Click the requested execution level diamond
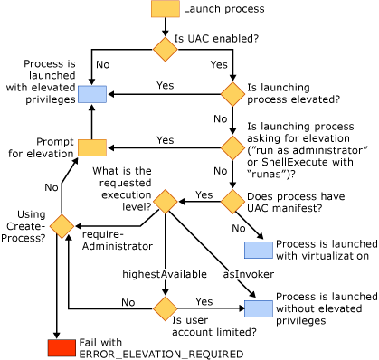pyautogui.click(x=164, y=200)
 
